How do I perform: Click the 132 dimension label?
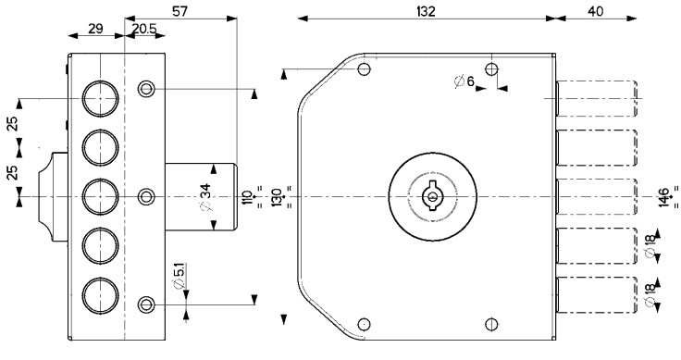tap(426, 11)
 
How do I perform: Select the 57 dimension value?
tap(180, 11)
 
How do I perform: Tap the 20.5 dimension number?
tap(143, 29)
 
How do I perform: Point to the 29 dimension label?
tap(95, 29)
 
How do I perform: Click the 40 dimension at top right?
tap(596, 11)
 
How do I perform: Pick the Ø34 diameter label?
tap(206, 197)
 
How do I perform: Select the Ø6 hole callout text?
tap(464, 81)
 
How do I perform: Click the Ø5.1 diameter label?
tap(179, 276)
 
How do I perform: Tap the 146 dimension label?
tap(663, 198)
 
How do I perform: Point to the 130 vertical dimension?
tap(277, 198)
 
